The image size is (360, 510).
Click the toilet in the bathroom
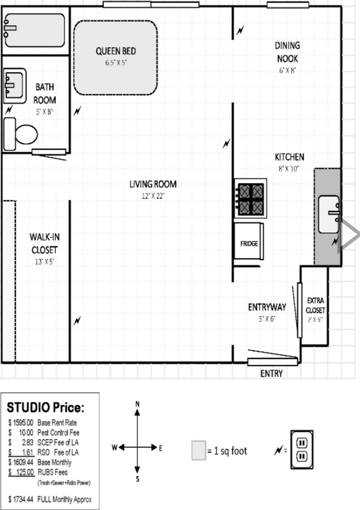click(x=20, y=134)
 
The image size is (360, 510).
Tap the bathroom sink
click(x=15, y=86)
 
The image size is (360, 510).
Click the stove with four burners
click(x=250, y=198)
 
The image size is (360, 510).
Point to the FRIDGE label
click(x=249, y=244)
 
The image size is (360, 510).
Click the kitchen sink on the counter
click(x=329, y=214)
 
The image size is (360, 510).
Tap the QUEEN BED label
click(x=116, y=51)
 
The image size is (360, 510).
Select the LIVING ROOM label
click(x=153, y=184)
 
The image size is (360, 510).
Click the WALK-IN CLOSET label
click(x=45, y=243)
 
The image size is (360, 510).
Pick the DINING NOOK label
click(x=288, y=52)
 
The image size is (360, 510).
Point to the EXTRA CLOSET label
click(x=315, y=305)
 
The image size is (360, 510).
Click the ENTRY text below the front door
click(x=271, y=374)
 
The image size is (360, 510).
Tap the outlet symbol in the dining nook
click(x=240, y=30)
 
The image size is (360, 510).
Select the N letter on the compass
click(x=137, y=404)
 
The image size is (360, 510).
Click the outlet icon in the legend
click(x=302, y=450)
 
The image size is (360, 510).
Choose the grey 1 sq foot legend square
click(x=198, y=450)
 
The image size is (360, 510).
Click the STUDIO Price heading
click(x=46, y=408)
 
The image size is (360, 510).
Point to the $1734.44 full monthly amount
click(x=21, y=499)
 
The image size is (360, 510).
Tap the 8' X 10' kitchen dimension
click(x=289, y=169)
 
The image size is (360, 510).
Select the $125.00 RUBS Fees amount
click(x=21, y=472)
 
